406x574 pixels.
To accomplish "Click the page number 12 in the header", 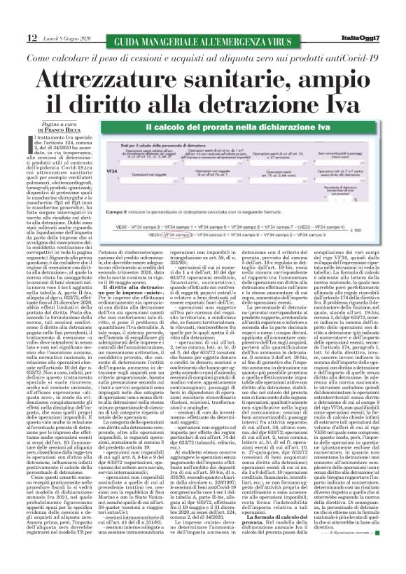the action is click(x=13, y=36).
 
